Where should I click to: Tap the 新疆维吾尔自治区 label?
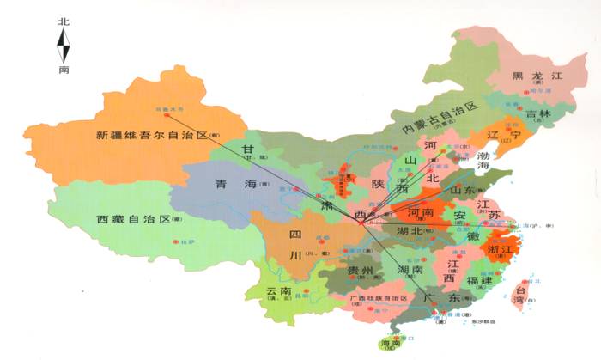[151, 136]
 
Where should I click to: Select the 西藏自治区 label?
[133, 219]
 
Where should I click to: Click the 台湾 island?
[519, 296]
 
